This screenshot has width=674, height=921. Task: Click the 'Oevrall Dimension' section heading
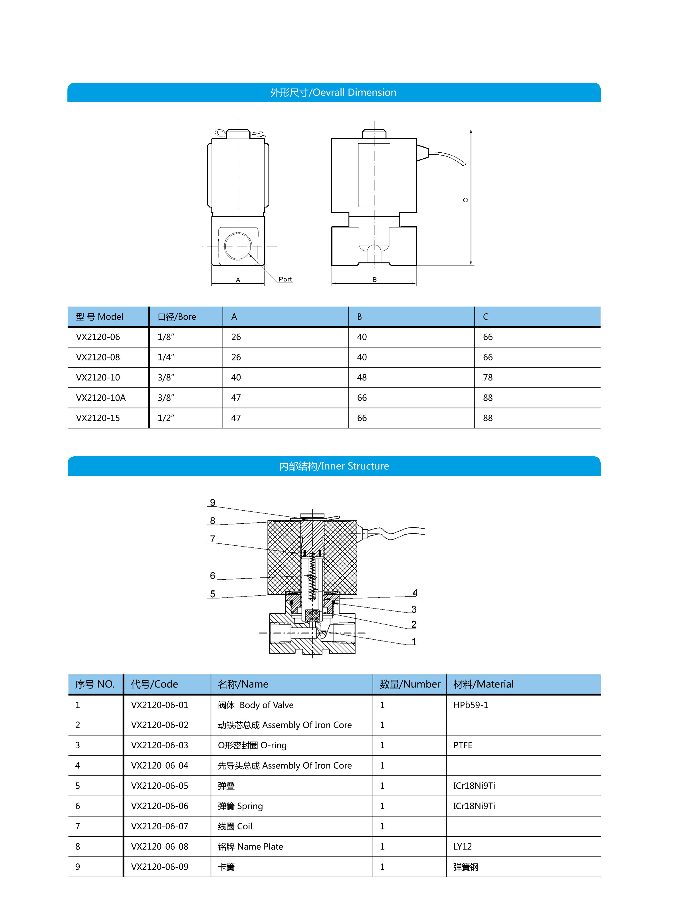click(x=333, y=93)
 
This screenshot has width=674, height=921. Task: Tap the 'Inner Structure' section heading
click(x=334, y=466)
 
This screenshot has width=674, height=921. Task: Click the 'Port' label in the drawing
click(x=285, y=279)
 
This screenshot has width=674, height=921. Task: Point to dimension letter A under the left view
click(x=238, y=280)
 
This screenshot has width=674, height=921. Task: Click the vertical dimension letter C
click(x=465, y=200)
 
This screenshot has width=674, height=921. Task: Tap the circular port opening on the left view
click(x=238, y=246)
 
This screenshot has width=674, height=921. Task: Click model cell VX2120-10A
click(x=101, y=398)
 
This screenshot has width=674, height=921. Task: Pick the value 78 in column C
click(x=488, y=378)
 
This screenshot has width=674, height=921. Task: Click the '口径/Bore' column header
click(x=177, y=317)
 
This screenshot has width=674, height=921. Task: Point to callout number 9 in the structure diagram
click(x=213, y=502)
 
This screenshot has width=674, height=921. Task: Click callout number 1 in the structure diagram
click(x=414, y=642)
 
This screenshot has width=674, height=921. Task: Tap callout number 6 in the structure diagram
click(x=213, y=575)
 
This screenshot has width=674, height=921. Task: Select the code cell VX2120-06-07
click(x=160, y=826)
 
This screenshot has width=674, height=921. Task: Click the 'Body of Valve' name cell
click(x=255, y=705)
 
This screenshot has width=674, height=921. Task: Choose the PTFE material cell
click(x=463, y=745)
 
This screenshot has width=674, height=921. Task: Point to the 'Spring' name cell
click(x=240, y=806)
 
